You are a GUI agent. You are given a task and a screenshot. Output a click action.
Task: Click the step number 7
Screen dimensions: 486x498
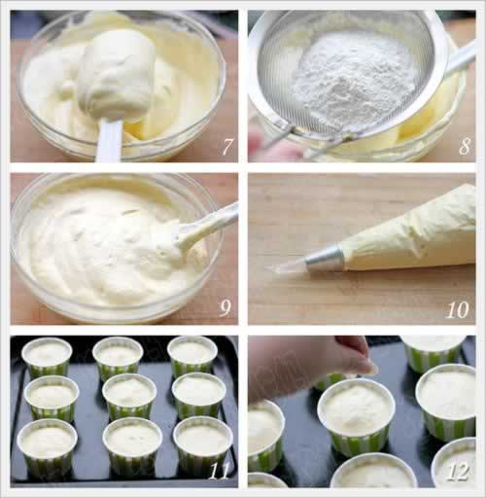pos(227,147)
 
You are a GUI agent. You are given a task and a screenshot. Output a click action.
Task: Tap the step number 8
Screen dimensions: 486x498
pos(465,146)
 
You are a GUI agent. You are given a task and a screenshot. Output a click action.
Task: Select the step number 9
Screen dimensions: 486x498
pos(226,308)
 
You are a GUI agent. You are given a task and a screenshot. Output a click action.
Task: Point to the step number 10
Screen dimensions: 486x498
pos(457,309)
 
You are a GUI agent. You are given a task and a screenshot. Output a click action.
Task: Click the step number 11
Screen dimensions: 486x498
pos(219,471)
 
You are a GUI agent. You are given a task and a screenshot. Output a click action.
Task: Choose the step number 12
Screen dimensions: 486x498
pos(458,471)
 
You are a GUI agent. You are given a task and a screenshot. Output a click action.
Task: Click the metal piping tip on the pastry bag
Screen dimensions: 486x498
pos(324,258)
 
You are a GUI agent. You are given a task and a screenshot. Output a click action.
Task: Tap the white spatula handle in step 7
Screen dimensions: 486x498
pos(109,140)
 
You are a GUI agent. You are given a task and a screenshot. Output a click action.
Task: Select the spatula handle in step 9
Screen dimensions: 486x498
pos(206,226)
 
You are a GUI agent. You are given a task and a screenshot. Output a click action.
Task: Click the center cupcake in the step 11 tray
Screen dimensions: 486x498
pos(128,397)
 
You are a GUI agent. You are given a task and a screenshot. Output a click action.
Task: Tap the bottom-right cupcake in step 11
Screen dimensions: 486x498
pos(203,445)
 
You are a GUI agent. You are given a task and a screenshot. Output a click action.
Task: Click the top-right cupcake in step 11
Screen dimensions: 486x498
pos(192,355)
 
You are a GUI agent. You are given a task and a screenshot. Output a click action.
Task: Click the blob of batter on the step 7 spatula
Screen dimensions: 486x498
pos(116,76)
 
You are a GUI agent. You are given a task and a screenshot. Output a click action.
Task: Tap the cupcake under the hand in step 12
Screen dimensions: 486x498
pos(357,416)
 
